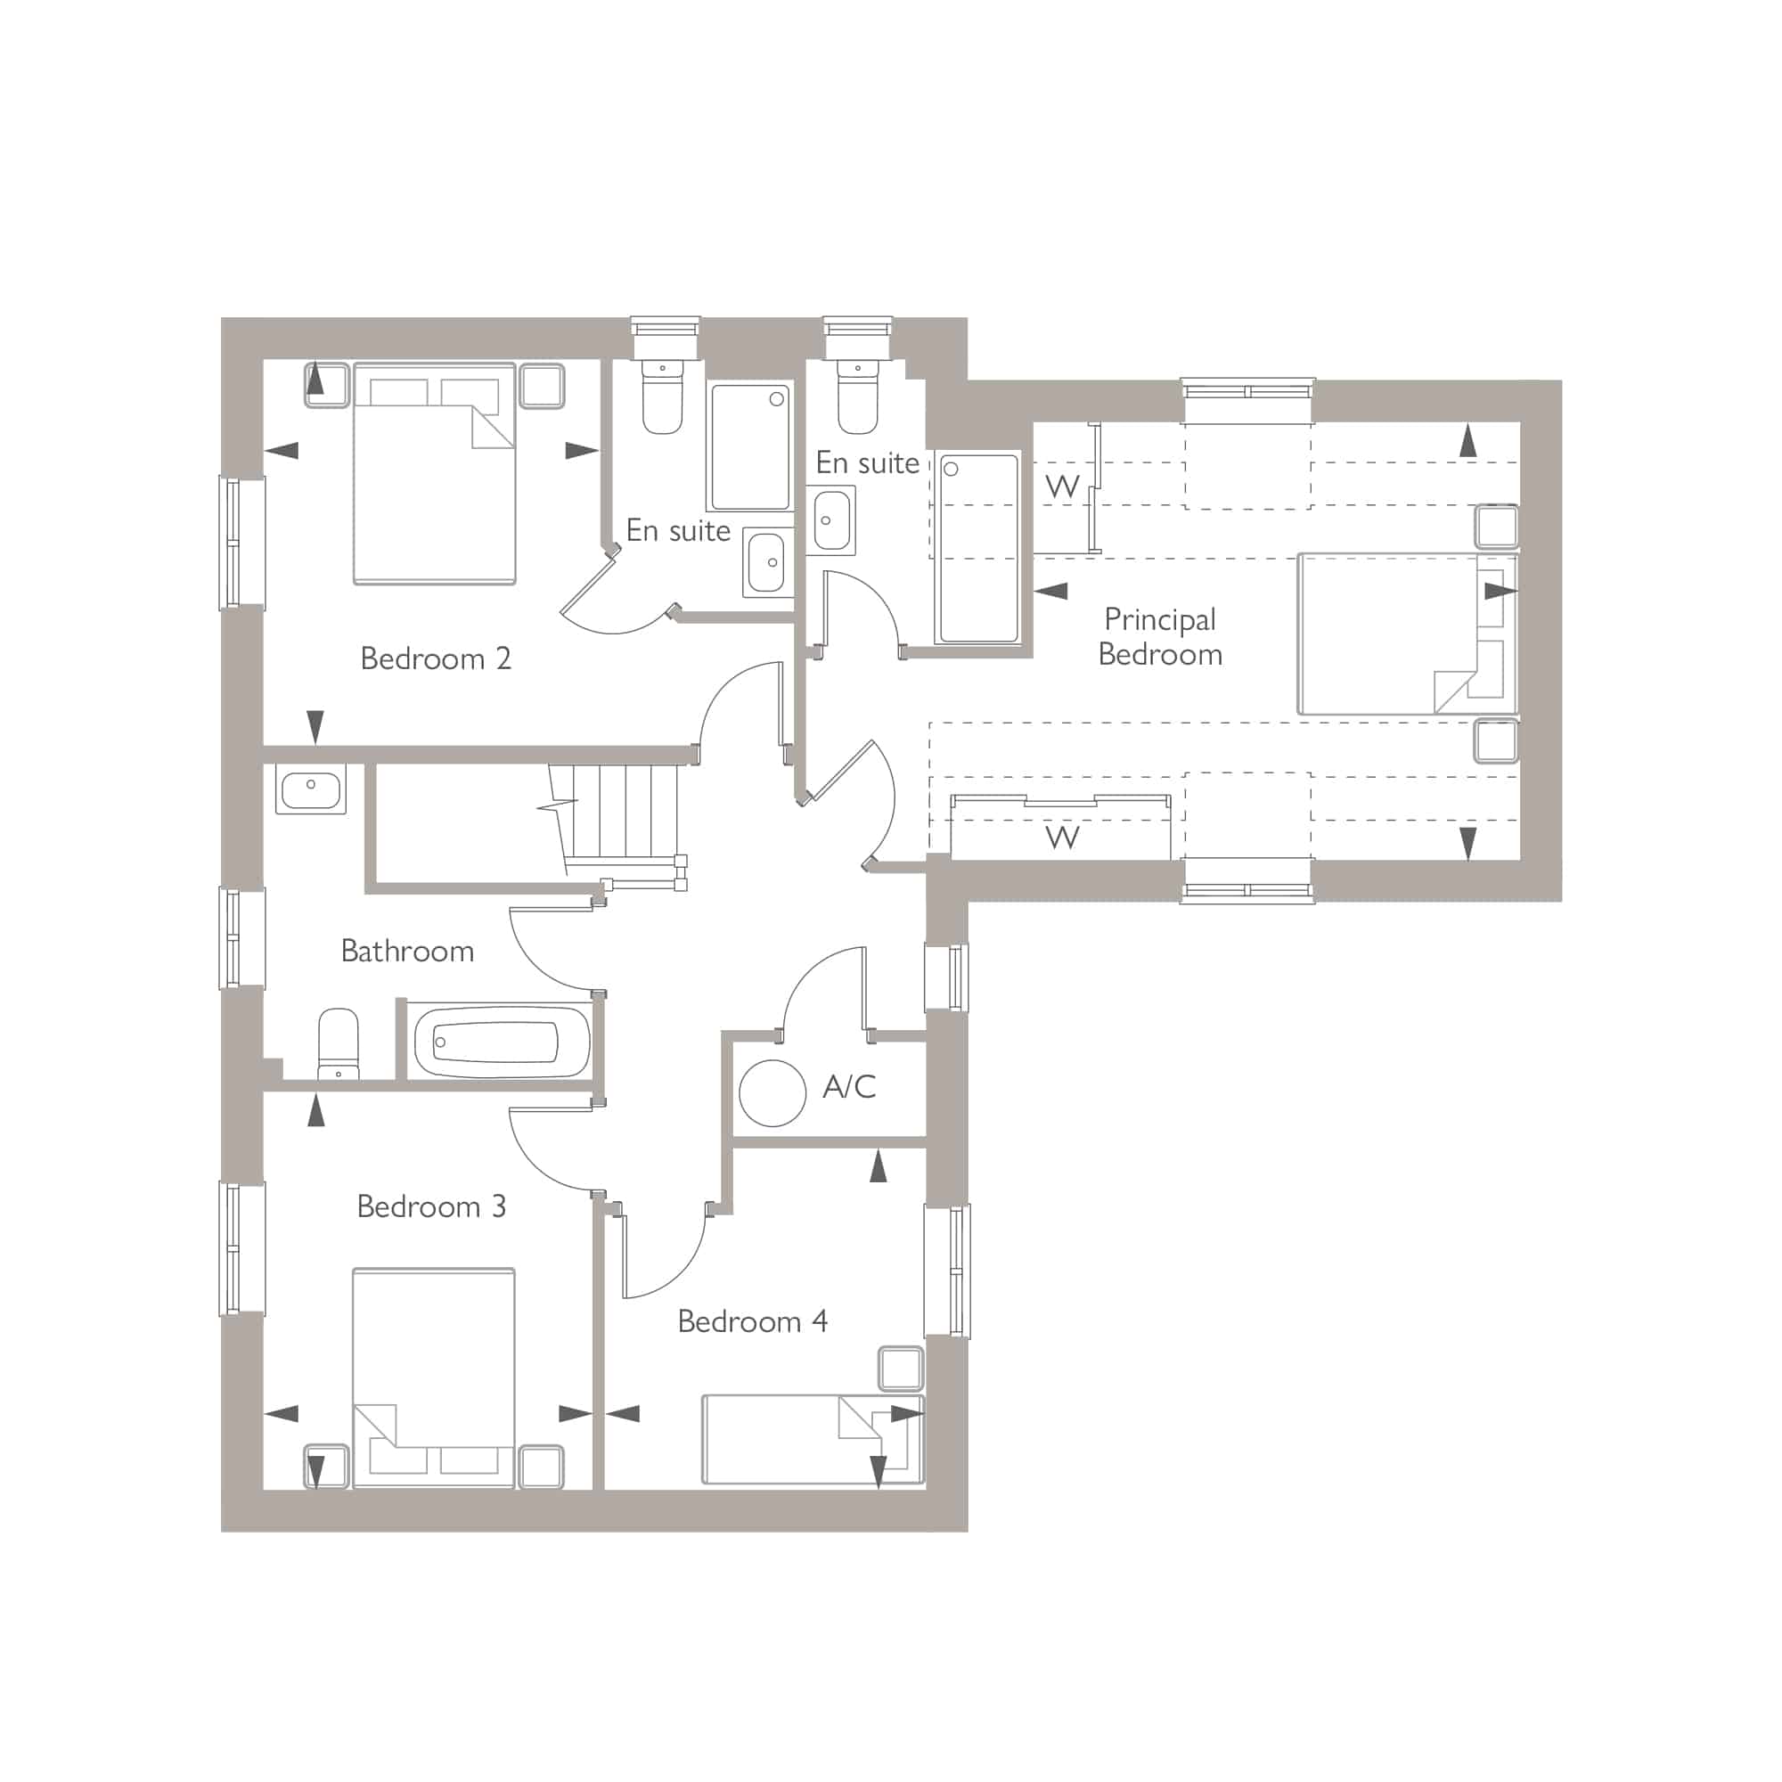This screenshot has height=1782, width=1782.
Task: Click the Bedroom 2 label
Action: tap(436, 658)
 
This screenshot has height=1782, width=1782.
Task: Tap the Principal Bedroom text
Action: tap(1160, 636)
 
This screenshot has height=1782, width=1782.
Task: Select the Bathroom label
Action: tap(407, 951)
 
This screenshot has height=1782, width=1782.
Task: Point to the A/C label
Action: tap(848, 1086)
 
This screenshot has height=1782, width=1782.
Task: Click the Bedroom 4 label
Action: tap(753, 1321)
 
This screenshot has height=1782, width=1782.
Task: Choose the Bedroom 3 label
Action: tap(431, 1206)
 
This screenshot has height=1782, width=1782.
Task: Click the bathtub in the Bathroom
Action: tap(500, 1042)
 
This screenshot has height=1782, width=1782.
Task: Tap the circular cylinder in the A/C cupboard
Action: tap(772, 1093)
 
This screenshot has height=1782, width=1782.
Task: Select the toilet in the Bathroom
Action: tap(338, 1043)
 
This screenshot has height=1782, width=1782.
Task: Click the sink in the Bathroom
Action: tap(311, 789)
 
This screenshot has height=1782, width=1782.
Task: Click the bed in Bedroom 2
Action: tap(434, 473)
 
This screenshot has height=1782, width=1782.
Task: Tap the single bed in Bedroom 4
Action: tap(813, 1440)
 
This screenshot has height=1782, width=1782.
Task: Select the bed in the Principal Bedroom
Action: tap(1407, 634)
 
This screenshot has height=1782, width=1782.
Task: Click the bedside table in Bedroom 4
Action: tap(901, 1369)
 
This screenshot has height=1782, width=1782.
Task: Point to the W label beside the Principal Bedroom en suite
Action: tap(1063, 486)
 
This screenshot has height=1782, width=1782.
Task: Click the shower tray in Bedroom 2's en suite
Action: tap(750, 447)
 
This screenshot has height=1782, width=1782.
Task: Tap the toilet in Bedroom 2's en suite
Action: tap(662, 396)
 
